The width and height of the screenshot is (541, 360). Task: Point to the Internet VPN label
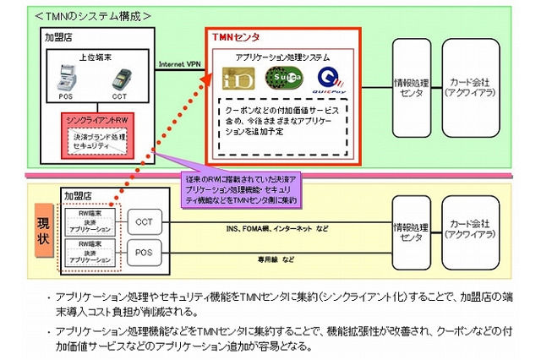[x=180, y=65]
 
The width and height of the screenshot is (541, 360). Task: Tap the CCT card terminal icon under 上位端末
[x=120, y=82]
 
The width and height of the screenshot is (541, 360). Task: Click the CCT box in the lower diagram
[x=142, y=221]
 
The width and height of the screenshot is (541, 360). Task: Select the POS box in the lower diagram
[x=142, y=250]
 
